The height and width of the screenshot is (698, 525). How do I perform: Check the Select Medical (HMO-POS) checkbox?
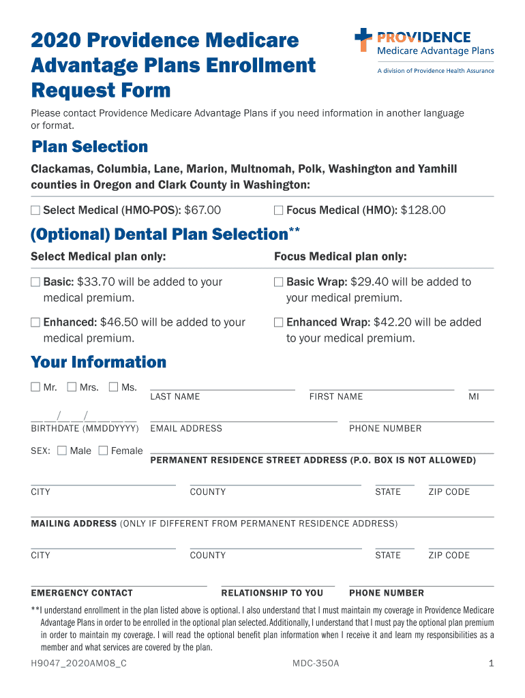(x=35, y=211)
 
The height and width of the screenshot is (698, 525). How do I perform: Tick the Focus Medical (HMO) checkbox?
(x=278, y=211)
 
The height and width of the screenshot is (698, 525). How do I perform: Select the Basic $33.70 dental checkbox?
(x=35, y=282)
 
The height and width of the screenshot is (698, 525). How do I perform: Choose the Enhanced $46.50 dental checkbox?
(x=35, y=322)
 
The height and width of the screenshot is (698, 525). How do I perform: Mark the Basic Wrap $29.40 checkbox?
(x=278, y=282)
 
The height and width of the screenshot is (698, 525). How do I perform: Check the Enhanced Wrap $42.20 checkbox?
(x=278, y=322)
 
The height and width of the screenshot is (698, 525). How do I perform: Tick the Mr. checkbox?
(x=35, y=387)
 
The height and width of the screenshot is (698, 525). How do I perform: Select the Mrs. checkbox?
(x=72, y=387)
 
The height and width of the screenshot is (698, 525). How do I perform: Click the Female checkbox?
(x=103, y=451)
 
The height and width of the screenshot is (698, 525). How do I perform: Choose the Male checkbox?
(x=62, y=451)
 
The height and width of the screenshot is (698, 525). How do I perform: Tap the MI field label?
(x=474, y=397)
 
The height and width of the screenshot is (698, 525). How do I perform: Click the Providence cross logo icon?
(x=363, y=40)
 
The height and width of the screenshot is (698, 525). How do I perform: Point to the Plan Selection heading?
(x=89, y=147)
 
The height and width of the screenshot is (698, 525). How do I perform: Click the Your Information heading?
(x=98, y=362)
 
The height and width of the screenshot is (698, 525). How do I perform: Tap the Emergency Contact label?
(x=82, y=593)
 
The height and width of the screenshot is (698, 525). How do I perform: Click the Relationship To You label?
(x=272, y=593)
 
